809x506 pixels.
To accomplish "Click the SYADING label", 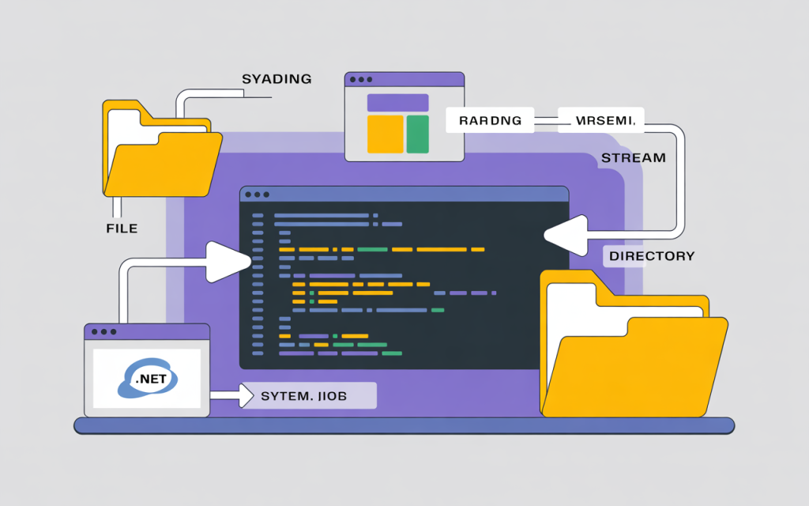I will click(x=276, y=79).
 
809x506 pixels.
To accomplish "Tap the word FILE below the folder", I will click(x=122, y=228).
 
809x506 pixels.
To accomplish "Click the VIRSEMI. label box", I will click(x=601, y=120).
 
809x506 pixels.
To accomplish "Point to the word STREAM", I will click(x=633, y=158).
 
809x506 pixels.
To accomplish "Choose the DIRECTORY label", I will click(x=651, y=256).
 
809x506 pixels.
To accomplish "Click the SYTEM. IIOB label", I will click(x=308, y=395).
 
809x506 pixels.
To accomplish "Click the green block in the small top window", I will click(x=417, y=134).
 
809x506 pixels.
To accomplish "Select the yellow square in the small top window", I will click(x=386, y=134).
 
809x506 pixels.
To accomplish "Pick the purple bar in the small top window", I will click(x=398, y=103).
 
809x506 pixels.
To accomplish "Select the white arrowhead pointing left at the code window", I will click(x=563, y=235).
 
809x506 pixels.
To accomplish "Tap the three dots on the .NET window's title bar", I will click(x=103, y=332).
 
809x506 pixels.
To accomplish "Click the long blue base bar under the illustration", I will click(x=404, y=426).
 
